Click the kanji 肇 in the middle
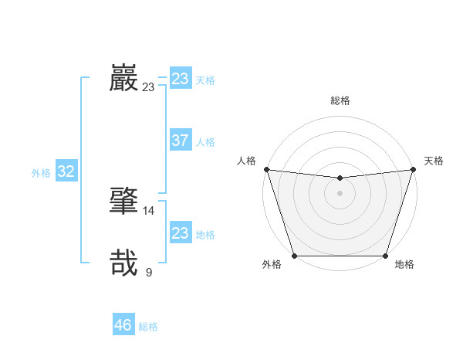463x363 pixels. coord(123,200)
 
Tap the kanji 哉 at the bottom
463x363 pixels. coord(123,263)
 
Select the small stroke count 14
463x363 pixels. coord(149,210)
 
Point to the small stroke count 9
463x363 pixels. coord(149,272)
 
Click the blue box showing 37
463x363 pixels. coord(180,141)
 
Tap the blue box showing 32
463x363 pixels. coord(66,171)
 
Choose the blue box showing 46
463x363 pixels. coord(123,325)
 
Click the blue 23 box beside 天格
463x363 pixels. coord(180,79)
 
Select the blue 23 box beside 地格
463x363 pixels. coord(180,233)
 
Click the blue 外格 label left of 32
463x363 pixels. coord(41,173)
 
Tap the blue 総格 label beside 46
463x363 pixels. coord(148,327)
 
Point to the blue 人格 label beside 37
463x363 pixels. coord(205,142)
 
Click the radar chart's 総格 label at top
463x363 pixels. coord(340,100)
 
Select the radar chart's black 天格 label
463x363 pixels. coord(434,161)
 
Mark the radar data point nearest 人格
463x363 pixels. coord(266,169)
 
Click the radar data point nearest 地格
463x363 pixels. coord(385,256)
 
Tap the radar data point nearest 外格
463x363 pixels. coord(295,256)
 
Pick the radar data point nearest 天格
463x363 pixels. coord(413,169)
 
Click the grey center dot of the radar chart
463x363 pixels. coord(340,193)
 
